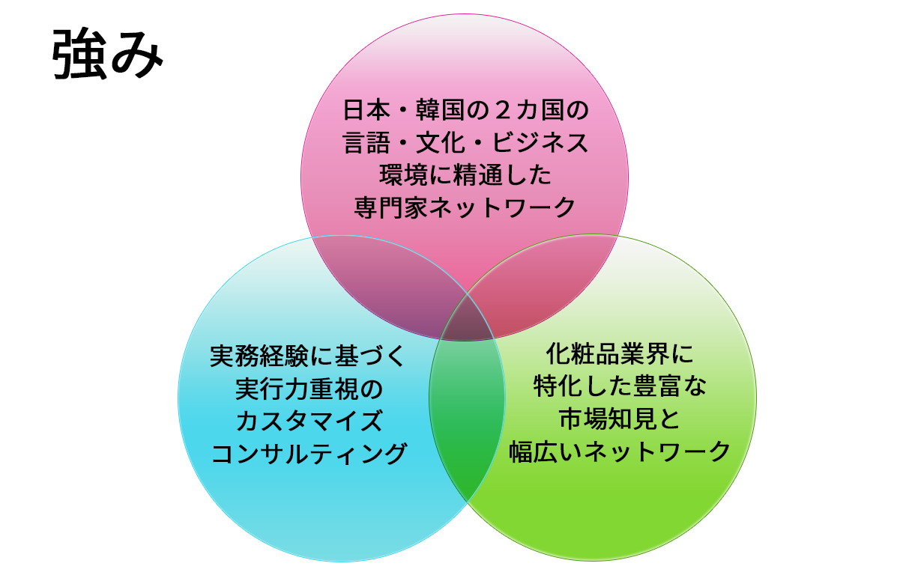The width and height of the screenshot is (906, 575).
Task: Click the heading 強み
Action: point(107,55)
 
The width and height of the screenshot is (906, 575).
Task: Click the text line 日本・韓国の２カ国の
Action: point(465,112)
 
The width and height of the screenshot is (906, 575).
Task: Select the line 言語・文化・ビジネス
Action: point(465,143)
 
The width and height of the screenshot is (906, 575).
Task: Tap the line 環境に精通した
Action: point(465,174)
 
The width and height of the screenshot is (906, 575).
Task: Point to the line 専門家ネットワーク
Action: point(465,206)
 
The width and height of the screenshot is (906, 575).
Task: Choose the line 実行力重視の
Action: point(308,389)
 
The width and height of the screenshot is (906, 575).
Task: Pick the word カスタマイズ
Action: point(308,420)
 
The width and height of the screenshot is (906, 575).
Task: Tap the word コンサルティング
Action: point(308,452)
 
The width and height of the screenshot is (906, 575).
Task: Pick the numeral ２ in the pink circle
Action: point(503,112)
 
